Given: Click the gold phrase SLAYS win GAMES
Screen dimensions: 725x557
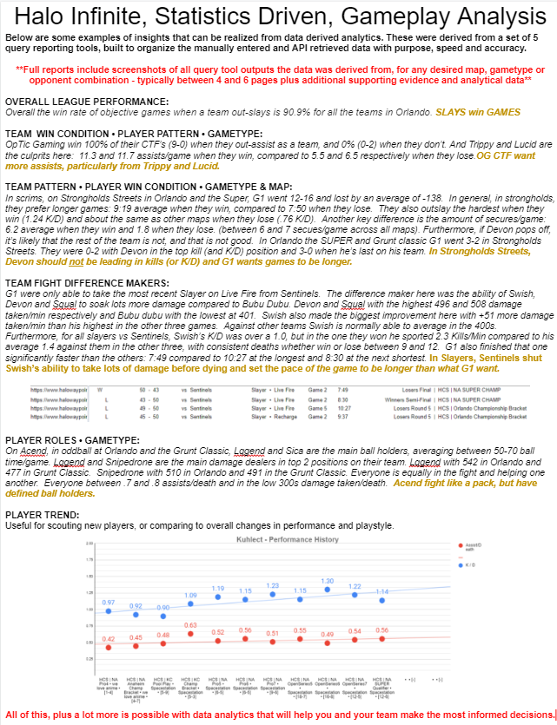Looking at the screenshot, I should click(477, 112).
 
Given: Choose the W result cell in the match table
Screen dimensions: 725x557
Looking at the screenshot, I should click(101, 390).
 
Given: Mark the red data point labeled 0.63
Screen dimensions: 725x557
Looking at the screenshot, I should click(191, 636).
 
